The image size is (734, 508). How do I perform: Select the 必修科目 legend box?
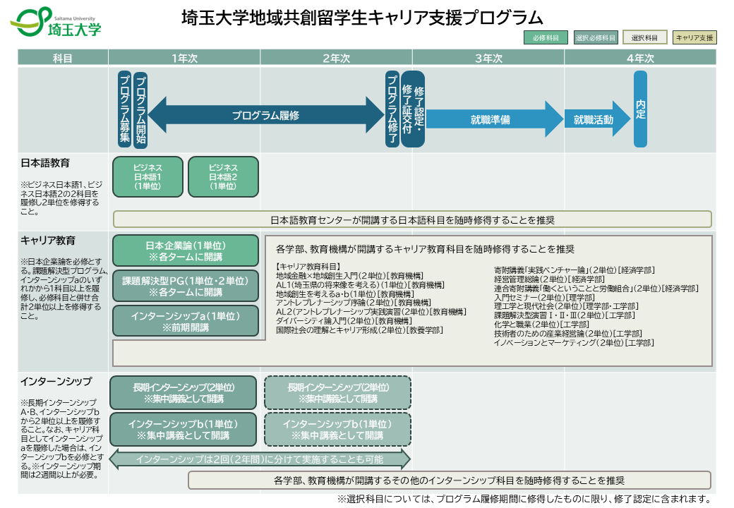546,37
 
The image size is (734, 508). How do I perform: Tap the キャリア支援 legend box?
694,37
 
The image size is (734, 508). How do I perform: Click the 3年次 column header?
488,59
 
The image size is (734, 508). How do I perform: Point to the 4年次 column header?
640,59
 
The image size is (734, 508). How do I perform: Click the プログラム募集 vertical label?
125,109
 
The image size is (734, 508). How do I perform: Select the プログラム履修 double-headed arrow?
265,114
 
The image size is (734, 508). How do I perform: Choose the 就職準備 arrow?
491,119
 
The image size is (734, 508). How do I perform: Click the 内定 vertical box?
640,109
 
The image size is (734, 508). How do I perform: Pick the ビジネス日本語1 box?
148,176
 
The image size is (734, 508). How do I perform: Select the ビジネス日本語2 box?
223,176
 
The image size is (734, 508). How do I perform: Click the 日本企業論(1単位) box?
185,250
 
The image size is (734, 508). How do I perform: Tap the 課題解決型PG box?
185,286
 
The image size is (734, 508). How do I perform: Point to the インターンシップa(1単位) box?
185,321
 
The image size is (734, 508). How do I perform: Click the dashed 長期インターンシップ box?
337,392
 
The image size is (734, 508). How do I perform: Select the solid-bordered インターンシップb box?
183,429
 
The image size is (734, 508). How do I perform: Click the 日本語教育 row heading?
45,163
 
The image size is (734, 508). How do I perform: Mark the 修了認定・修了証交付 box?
413,109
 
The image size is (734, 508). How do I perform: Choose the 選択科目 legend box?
644,37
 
